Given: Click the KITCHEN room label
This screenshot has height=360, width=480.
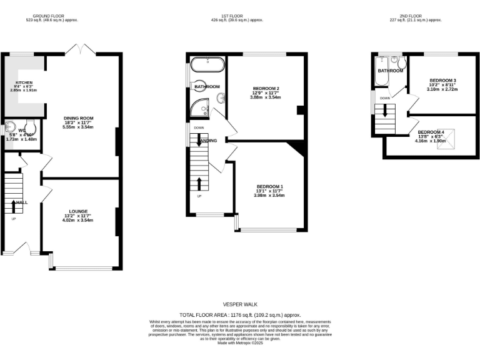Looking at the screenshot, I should tap(24, 82).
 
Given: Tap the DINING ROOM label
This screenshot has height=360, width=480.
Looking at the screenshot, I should tap(78, 118).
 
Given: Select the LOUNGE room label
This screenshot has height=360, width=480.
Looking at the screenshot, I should tap(78, 211).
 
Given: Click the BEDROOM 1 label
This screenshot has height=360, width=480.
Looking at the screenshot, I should tap(269, 187).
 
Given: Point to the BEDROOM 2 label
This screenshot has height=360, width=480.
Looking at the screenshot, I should tap(266, 88).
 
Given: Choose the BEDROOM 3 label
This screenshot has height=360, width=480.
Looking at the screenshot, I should tap(442, 81).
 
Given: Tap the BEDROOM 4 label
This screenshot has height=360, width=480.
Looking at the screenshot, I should tap(431, 132).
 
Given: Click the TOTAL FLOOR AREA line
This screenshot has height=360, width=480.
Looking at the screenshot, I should tap(240, 314).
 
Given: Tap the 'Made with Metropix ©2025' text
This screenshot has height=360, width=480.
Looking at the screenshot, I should tap(240, 342).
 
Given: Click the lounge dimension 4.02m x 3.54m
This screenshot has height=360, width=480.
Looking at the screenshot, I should tap(78, 220).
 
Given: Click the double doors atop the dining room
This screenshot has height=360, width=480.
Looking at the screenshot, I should tap(80, 49).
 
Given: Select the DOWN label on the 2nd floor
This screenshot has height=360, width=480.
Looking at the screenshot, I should tap(385, 98).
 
